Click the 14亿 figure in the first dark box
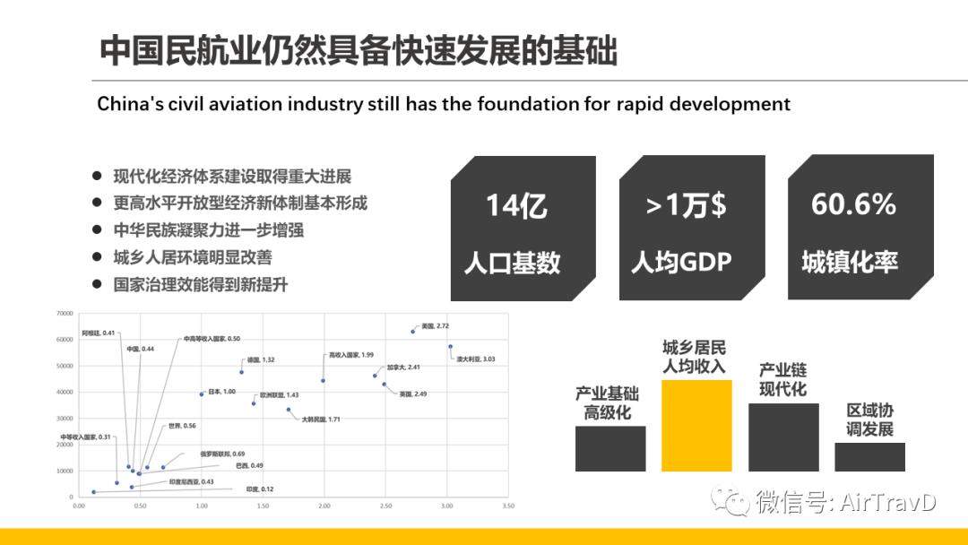click(x=515, y=206)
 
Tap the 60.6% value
click(x=853, y=204)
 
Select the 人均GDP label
click(x=681, y=263)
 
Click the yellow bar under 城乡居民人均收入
click(x=696, y=426)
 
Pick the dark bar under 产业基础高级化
click(x=610, y=448)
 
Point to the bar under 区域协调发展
click(x=869, y=456)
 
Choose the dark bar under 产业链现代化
click(x=783, y=437)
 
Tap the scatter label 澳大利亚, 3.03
click(x=475, y=359)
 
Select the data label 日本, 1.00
click(x=221, y=392)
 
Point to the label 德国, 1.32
click(x=261, y=359)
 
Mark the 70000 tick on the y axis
click(x=65, y=314)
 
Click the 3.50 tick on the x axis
click(x=508, y=506)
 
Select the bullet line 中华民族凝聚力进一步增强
click(x=208, y=230)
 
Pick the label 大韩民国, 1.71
click(x=320, y=420)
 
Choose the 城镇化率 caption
click(x=850, y=263)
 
